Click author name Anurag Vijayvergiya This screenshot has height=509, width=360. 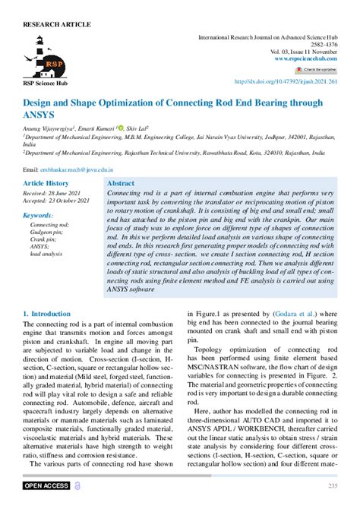click(x=49, y=129)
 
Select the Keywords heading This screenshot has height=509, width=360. click(x=39, y=216)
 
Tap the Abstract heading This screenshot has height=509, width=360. click(x=122, y=184)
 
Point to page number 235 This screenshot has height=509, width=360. click(x=332, y=485)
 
